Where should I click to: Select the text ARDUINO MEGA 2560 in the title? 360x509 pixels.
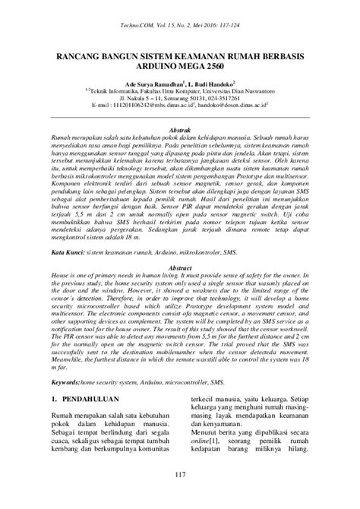pyautogui.click(x=180, y=67)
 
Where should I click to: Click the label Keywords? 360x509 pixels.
pyautogui.click(x=66, y=362)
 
